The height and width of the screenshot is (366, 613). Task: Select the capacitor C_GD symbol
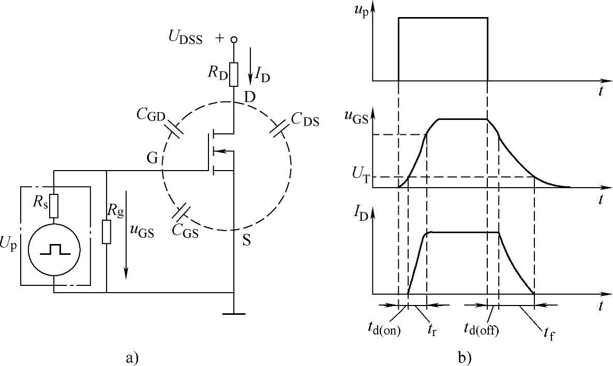pos(175,130)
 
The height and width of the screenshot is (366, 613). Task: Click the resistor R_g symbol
pos(106,231)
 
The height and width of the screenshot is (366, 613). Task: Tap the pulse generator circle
pos(54,250)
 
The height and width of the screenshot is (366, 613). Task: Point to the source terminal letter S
pos(246,241)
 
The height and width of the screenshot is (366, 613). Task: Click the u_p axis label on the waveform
pos(362,10)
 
